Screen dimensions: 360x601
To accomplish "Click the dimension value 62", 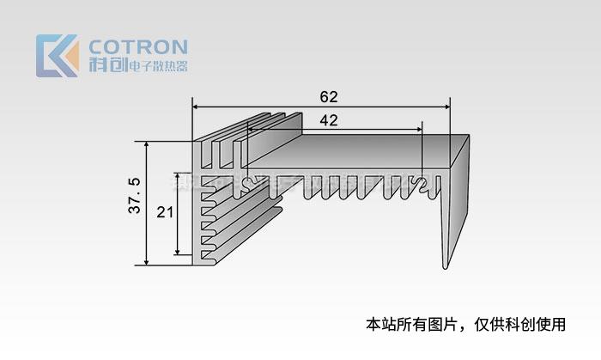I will (x=329, y=95).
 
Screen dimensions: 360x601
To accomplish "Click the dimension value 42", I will (x=328, y=120).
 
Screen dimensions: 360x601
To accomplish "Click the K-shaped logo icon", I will (x=57, y=56).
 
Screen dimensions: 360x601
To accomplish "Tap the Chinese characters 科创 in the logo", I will (x=106, y=65).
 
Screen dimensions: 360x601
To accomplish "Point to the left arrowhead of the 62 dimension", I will (x=196, y=107).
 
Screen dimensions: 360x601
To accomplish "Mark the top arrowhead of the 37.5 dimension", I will (x=148, y=146).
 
